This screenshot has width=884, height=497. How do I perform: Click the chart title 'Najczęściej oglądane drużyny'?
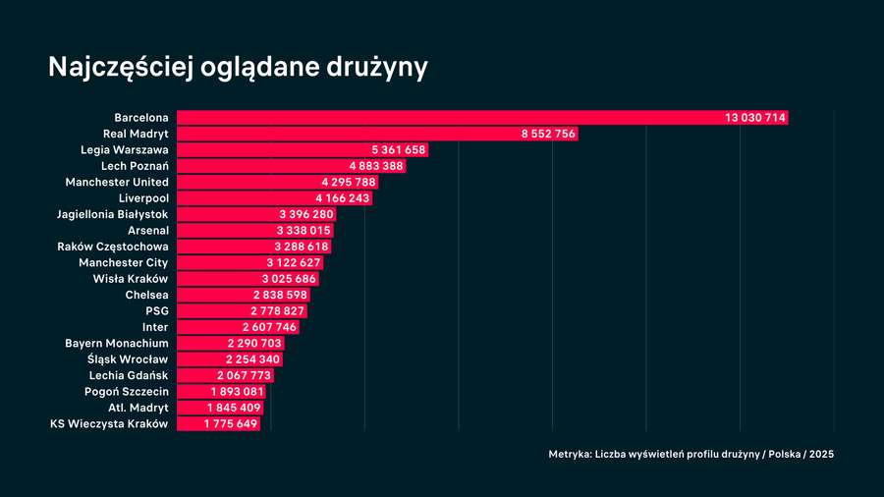tap(239, 68)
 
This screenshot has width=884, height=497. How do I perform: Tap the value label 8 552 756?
tap(548, 134)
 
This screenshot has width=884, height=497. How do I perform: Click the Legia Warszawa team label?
tap(125, 150)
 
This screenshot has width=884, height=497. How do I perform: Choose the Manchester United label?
tap(117, 182)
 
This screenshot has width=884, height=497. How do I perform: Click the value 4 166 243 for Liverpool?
tap(343, 198)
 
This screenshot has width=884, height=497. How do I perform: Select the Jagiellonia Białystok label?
tap(113, 214)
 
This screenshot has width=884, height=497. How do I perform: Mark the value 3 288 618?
tap(302, 247)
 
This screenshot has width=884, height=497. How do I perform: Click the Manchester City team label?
tap(124, 262)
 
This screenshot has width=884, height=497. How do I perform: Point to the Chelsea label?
tap(147, 295)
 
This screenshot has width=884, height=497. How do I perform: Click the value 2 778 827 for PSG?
tap(276, 310)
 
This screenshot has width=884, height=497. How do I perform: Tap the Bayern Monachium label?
tap(117, 343)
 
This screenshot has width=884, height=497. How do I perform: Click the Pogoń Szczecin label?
tap(127, 392)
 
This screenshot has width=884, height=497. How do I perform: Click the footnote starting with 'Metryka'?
tap(691, 454)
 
